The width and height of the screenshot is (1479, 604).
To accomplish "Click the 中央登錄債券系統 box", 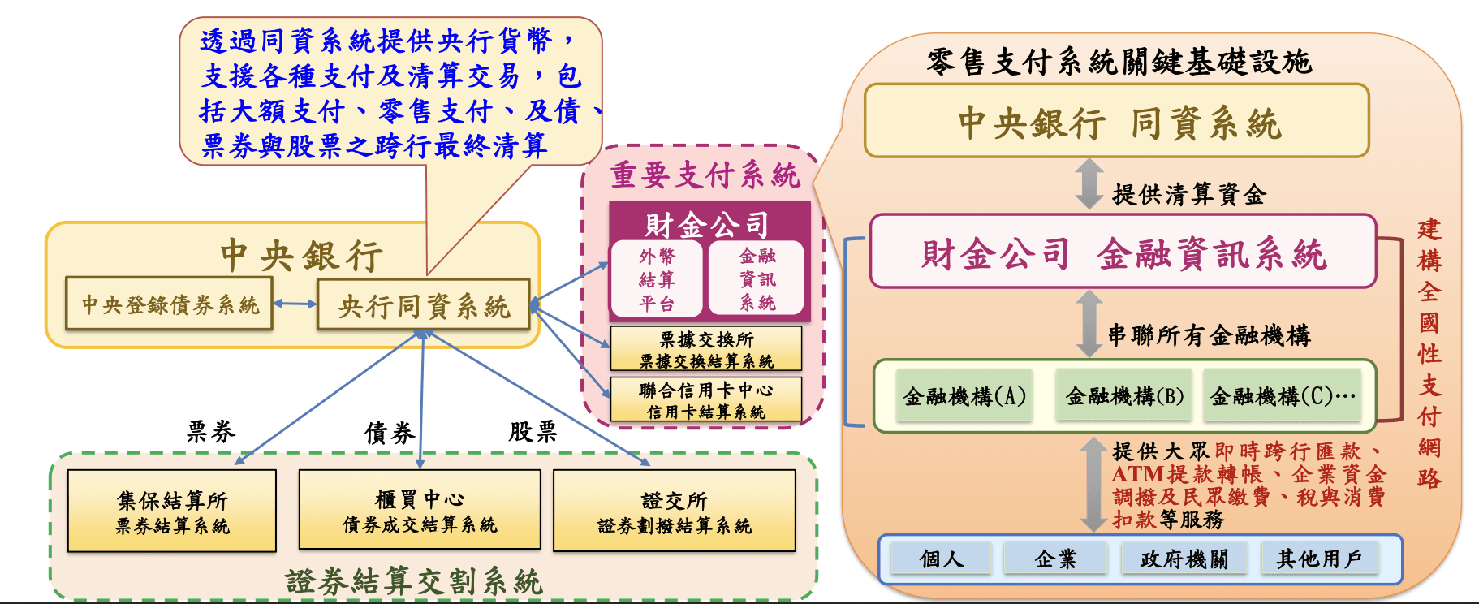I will coord(169,304).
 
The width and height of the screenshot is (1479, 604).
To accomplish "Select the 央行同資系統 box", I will coord(423,305).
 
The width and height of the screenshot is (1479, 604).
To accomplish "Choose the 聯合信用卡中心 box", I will coord(705,400).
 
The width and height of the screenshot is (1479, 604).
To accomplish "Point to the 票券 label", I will coord(211,431).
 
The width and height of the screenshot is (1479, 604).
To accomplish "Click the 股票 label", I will coord(533,431).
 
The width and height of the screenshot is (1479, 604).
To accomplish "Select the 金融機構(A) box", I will coord(964,395).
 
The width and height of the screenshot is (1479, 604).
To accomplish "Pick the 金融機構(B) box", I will coord(1124,395).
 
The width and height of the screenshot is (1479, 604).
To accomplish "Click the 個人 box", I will coord(942,559).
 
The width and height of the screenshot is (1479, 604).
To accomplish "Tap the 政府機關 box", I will coord(1184,559).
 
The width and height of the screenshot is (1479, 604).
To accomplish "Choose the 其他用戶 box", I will coord(1319,559).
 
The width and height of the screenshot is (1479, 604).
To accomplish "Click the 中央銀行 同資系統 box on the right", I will coord(1117,122).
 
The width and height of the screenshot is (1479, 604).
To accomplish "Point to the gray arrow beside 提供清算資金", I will coord(1089,184).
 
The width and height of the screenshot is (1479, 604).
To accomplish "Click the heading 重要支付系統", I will coord(705,175).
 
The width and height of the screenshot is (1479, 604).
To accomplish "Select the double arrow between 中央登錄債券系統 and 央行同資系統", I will coord(295,304).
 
